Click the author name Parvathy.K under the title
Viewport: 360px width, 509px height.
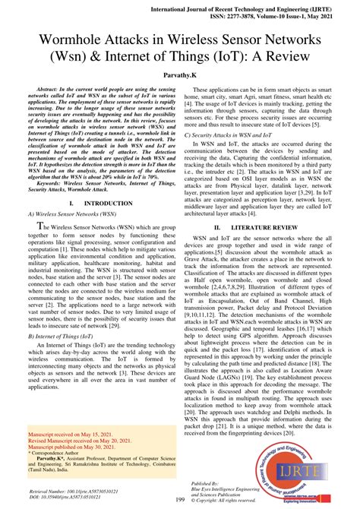pos(180,77)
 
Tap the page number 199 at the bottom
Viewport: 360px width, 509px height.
pos(180,499)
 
